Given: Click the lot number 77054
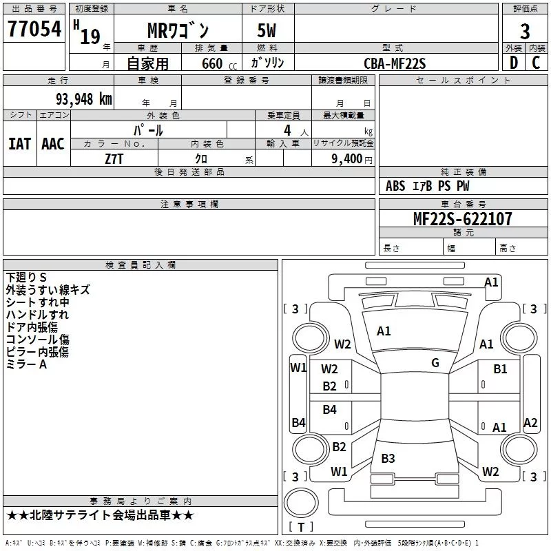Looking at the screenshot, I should [33, 30].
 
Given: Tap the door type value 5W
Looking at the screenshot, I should [268, 32].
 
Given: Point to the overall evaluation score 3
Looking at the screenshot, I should [525, 31].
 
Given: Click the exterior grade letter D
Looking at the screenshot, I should [513, 63].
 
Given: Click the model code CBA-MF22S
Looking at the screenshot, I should [395, 63].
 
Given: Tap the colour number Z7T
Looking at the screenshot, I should [114, 158].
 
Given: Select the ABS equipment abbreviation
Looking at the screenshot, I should [395, 186].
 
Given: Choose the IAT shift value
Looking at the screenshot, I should [19, 143].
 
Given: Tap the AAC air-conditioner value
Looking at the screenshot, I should [52, 143].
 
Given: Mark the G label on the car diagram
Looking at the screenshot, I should [435, 363].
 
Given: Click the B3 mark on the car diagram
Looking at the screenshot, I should [388, 458].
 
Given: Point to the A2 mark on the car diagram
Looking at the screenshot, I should [530, 423].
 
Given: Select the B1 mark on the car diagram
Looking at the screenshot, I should [500, 369].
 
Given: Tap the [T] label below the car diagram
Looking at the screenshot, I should [301, 527].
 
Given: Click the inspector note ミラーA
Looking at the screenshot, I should [27, 364].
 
